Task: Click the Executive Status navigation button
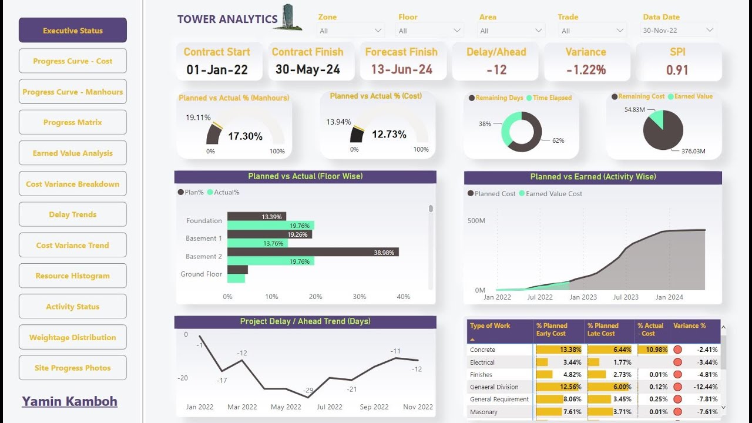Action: [x=72, y=31]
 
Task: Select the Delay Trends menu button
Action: [x=72, y=214]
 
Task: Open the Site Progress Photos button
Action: [x=72, y=368]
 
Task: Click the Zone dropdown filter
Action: [x=351, y=31]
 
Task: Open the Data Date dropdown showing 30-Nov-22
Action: [x=677, y=30]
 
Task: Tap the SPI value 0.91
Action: [x=677, y=70]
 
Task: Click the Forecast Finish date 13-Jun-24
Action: [x=401, y=69]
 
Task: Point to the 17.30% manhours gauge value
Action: [x=245, y=136]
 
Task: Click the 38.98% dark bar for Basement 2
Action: [x=313, y=252]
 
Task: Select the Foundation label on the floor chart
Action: [x=204, y=221]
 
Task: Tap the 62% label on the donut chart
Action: [x=558, y=141]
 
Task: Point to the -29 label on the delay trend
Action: [x=308, y=390]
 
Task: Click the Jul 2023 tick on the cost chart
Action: [x=626, y=297]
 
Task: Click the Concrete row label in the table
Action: [x=482, y=350]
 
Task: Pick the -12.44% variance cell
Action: [x=705, y=387]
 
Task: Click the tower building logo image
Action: [x=291, y=18]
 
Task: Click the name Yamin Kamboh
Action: [x=69, y=401]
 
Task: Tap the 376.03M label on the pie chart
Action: [x=693, y=151]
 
